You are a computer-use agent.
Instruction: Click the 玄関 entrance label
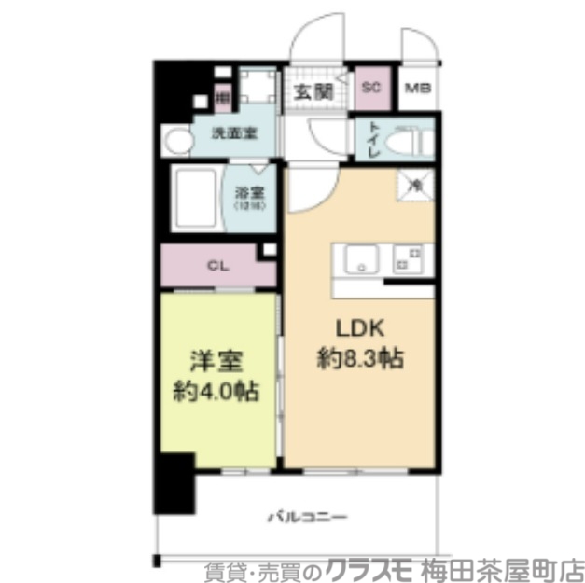click(313, 90)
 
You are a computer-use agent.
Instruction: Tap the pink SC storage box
click(370, 90)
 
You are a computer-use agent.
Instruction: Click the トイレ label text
click(371, 140)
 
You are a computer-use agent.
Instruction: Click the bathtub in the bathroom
click(195, 200)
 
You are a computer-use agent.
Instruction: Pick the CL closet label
click(216, 265)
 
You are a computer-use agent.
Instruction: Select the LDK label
click(355, 328)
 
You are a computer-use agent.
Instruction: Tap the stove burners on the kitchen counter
click(408, 258)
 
